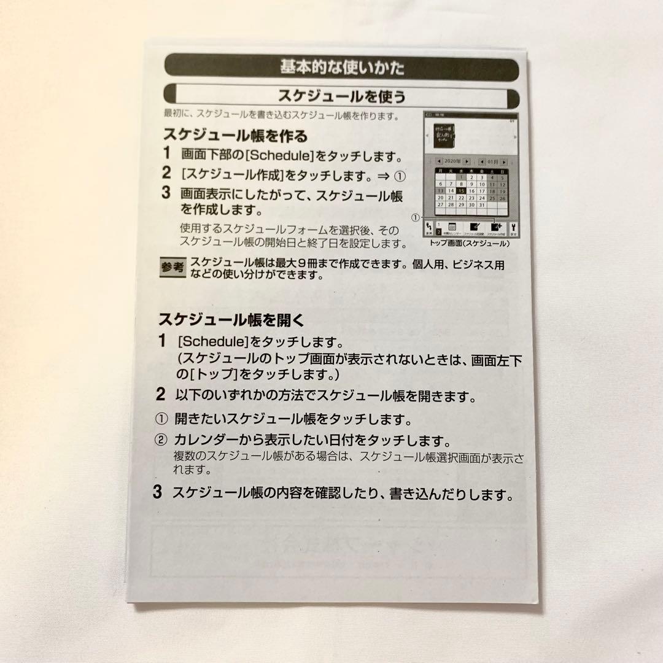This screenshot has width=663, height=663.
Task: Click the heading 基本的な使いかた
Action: (342, 67)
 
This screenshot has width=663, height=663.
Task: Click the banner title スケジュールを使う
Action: (342, 97)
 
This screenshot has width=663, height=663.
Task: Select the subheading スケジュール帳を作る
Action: (235, 135)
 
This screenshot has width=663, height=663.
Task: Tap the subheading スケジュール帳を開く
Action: (231, 320)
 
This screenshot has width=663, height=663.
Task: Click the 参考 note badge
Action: (172, 267)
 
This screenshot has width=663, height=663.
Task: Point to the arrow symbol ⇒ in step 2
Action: (382, 176)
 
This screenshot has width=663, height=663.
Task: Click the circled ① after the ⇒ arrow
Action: (400, 176)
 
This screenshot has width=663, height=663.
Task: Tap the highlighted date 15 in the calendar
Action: (460, 191)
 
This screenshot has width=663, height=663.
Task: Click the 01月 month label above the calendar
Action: (494, 161)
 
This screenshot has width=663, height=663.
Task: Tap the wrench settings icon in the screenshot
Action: (514, 229)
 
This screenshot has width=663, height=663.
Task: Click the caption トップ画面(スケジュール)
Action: (469, 243)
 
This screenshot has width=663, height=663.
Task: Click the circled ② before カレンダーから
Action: (160, 440)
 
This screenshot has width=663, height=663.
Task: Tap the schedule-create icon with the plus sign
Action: (495, 228)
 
